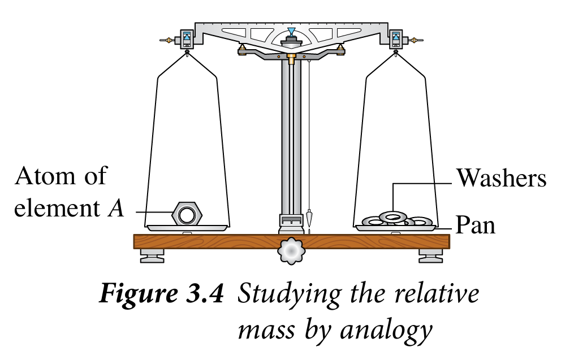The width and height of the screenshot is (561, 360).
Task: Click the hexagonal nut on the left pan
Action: [187, 214]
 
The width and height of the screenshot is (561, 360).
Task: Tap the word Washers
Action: [502, 179]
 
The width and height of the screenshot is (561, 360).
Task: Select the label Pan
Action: [476, 225]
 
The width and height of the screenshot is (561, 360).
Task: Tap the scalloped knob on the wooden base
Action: [291, 251]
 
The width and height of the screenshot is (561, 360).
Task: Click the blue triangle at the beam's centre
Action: [291, 31]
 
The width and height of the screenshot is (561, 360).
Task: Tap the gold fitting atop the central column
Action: [291, 59]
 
